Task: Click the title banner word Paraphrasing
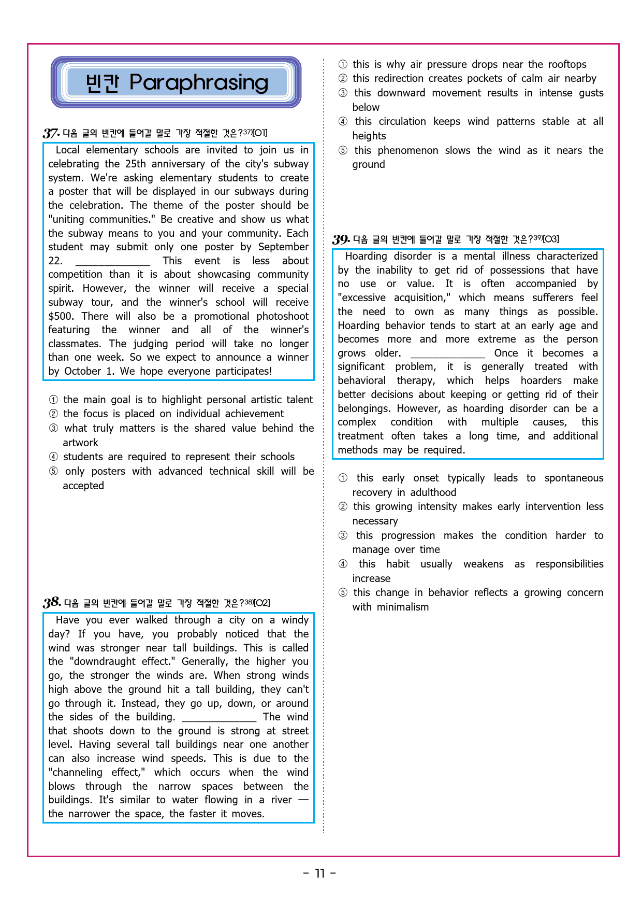[x=199, y=82]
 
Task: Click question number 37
[x=50, y=133]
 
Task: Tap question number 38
[x=51, y=603]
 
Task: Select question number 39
[x=341, y=239]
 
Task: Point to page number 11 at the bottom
[x=320, y=874]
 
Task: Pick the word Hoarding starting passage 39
[x=366, y=256]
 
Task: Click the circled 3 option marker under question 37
[x=53, y=429]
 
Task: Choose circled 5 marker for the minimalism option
[x=343, y=593]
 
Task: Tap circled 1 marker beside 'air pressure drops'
[x=343, y=65]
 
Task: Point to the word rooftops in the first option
[x=567, y=64]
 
